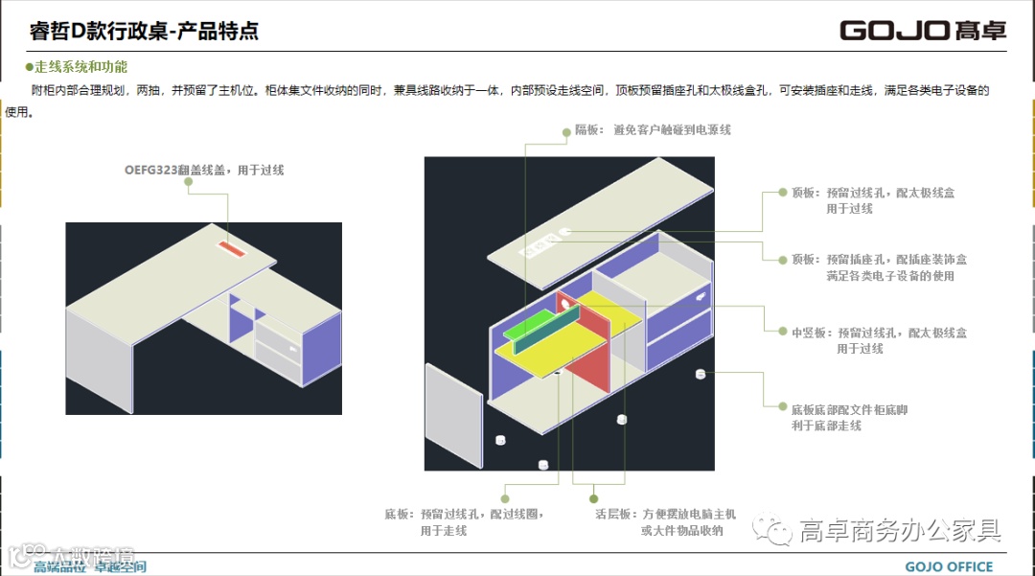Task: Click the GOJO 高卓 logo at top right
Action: pyautogui.click(x=923, y=30)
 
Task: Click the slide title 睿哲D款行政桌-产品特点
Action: pyautogui.click(x=145, y=31)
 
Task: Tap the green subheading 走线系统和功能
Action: pyautogui.click(x=80, y=67)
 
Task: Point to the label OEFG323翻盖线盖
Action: pyautogui.click(x=204, y=170)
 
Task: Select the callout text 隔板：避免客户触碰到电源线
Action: pyautogui.click(x=653, y=129)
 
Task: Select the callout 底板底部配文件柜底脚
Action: pyautogui.click(x=849, y=417)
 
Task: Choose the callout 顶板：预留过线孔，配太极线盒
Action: pyautogui.click(x=873, y=200)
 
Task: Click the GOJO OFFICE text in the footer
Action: pyautogui.click(x=949, y=566)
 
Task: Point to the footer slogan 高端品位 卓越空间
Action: pyautogui.click(x=90, y=566)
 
